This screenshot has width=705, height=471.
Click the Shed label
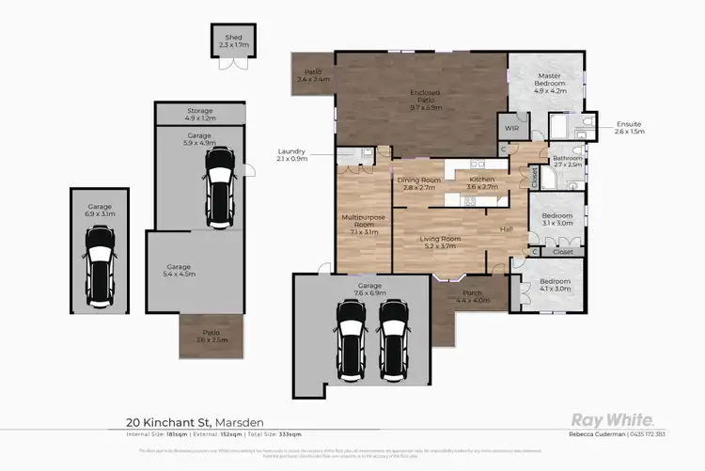[228, 39]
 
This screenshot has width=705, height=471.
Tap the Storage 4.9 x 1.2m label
[199, 115]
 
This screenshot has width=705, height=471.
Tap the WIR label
[511, 127]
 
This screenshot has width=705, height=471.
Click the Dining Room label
[418, 183]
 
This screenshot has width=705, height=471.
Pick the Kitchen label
[481, 183]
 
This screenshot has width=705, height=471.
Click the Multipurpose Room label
[362, 226]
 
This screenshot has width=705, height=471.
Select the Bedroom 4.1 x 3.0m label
[555, 285]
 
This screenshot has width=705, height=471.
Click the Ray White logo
[607, 420]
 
